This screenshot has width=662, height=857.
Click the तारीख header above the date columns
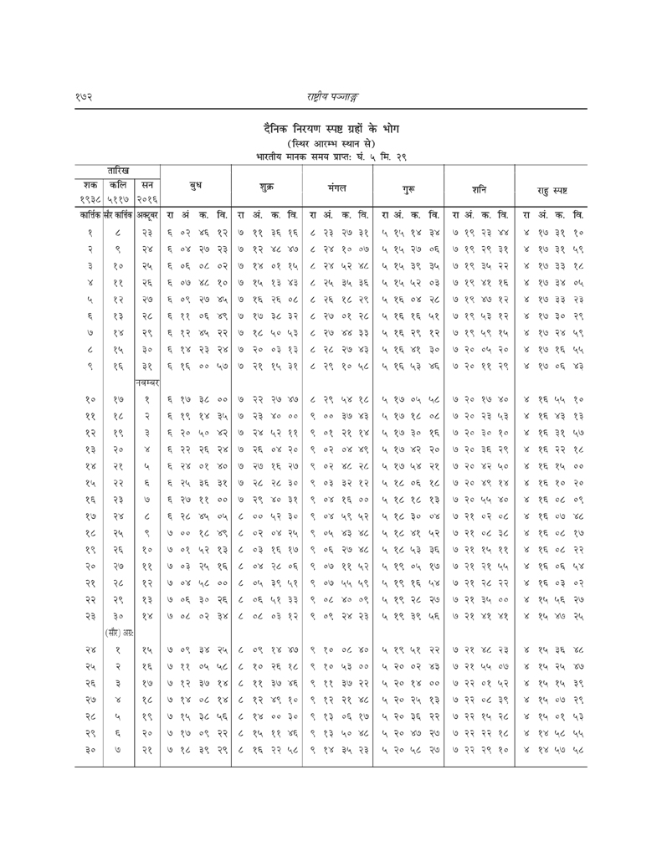118,171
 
